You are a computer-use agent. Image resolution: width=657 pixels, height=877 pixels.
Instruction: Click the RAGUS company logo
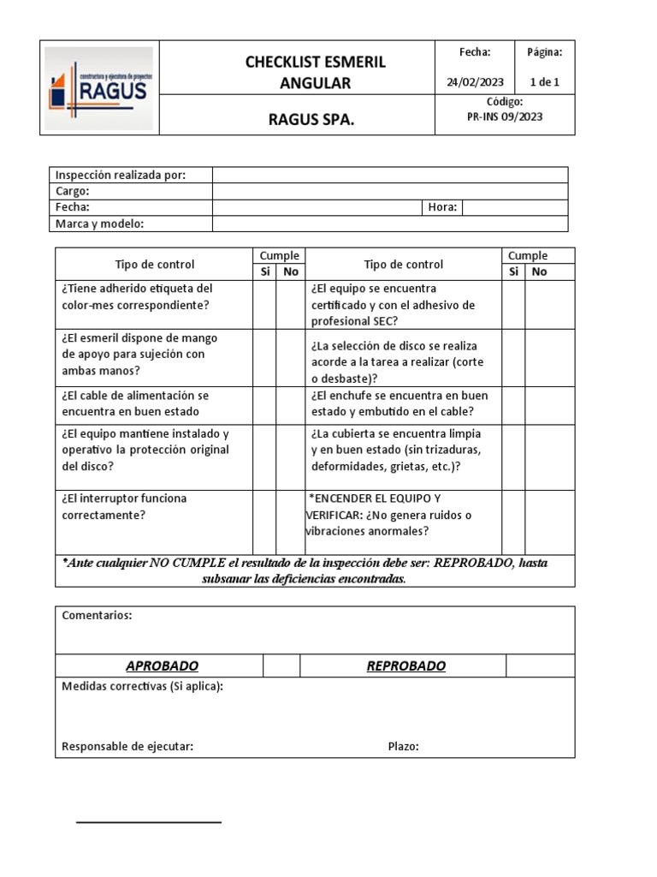[x=100, y=87]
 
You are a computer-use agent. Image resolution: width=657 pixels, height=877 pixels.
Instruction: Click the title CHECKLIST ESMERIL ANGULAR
[x=315, y=73]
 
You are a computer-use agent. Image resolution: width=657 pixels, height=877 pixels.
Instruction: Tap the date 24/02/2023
[x=475, y=82]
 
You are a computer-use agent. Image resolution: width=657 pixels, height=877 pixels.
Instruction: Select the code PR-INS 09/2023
[x=504, y=116]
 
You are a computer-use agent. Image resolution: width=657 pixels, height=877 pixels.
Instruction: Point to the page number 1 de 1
[x=545, y=82]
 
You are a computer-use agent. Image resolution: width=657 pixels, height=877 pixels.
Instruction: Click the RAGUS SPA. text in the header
[x=311, y=121]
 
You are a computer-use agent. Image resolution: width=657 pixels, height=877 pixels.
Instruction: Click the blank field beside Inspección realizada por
[x=389, y=175]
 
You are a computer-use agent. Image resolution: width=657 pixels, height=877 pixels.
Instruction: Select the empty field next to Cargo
[x=389, y=191]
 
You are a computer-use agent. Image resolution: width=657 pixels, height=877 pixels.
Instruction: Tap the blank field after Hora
[x=514, y=207]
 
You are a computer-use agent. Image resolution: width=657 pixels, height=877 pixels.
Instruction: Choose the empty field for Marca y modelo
[x=389, y=224]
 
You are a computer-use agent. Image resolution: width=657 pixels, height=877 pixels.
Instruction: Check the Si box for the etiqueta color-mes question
[x=264, y=304]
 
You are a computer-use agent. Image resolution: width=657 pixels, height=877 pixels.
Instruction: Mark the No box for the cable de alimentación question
[x=290, y=404]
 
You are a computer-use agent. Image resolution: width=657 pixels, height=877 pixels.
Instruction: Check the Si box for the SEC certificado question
[x=513, y=304]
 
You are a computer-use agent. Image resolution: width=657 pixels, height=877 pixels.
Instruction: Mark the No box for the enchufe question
[x=539, y=404]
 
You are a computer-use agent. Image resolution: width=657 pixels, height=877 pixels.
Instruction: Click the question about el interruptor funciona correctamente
[x=124, y=506]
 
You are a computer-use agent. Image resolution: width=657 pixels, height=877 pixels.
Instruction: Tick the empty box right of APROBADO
[x=281, y=666]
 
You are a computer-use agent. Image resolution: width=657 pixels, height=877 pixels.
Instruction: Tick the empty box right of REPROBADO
[x=540, y=666]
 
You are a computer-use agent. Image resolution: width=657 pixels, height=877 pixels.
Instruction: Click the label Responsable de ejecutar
[x=127, y=746]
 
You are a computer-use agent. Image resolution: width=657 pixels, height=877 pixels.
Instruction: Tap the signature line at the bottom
[x=149, y=822]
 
